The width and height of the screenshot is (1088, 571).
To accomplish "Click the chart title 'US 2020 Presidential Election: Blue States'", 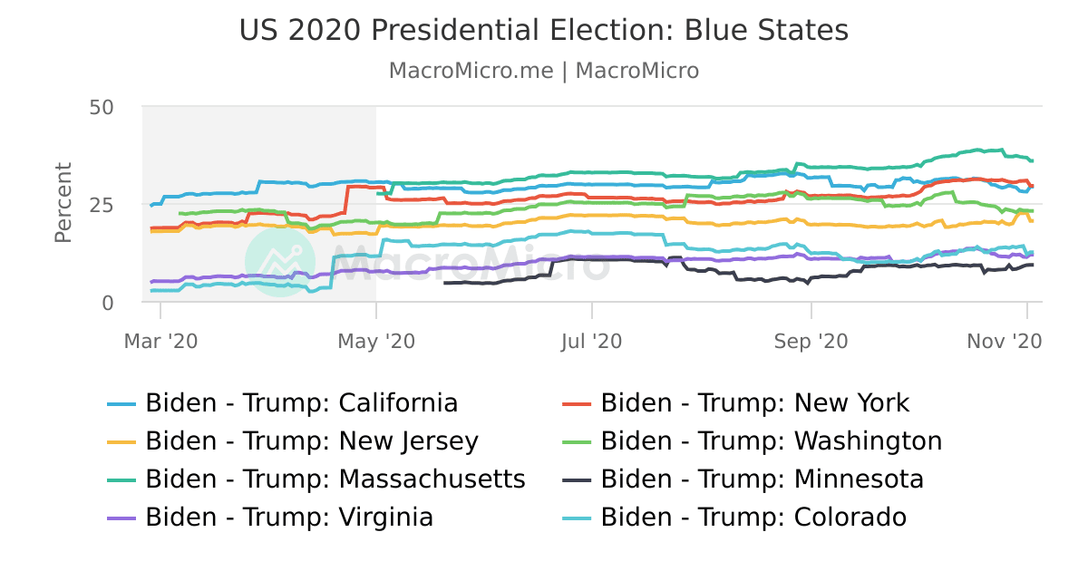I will pos(544,31).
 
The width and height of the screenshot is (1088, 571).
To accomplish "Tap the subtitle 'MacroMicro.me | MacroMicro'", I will pos(544,71).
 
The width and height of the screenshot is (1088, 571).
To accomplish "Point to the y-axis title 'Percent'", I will pos(63,203).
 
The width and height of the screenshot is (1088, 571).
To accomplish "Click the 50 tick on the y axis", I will pos(102,107).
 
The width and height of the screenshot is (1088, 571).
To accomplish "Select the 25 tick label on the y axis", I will pos(102,205).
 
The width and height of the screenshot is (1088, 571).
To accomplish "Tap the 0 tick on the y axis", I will pos(108,303).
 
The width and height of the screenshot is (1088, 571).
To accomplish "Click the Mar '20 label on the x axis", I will pos(160,341).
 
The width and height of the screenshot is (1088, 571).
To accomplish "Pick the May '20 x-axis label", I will pos(376,341).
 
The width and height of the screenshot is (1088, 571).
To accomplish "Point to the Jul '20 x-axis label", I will pos(592,341).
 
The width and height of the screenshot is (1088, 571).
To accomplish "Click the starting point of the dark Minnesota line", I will pos(444,283).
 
